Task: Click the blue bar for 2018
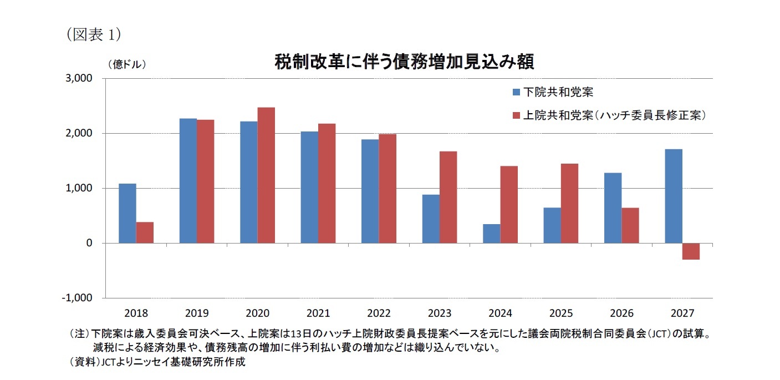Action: pyautogui.click(x=128, y=213)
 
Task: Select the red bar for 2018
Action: pyautogui.click(x=145, y=232)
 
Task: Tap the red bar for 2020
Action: pyautogui.click(x=266, y=175)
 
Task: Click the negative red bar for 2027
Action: pyautogui.click(x=691, y=251)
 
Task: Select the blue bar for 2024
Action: pyautogui.click(x=491, y=234)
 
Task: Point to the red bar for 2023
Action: pyautogui.click(x=448, y=197)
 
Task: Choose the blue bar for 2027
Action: pyautogui.click(x=674, y=196)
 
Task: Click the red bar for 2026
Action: pyautogui.click(x=630, y=225)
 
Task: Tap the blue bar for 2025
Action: pyautogui.click(x=552, y=225)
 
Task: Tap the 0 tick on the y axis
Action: pyautogui.click(x=89, y=244)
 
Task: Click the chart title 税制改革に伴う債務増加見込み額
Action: pyautogui.click(x=405, y=62)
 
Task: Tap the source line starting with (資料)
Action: pyautogui.click(x=156, y=362)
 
